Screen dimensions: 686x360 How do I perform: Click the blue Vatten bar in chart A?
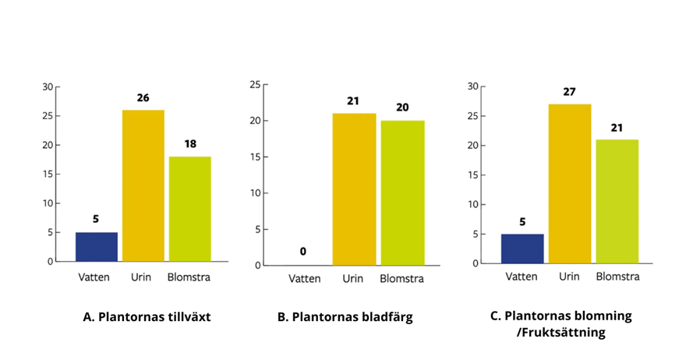[97, 247]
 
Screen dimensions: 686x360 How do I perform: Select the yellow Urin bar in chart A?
[143, 186]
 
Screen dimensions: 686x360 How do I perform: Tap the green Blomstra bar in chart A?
[190, 209]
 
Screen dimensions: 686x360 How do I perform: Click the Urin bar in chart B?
[354, 189]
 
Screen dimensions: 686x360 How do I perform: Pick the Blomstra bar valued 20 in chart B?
[402, 193]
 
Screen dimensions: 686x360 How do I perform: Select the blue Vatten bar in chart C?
[522, 249]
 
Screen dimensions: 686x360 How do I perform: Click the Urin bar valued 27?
[570, 184]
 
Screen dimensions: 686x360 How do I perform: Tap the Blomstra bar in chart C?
[617, 202]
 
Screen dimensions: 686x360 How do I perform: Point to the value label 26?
[143, 97]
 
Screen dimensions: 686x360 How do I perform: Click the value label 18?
[190, 144]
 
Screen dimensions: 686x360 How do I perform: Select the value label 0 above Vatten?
[303, 252]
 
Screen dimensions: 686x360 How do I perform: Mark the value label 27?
[569, 92]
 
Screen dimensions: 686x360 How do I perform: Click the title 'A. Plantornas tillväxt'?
[147, 316]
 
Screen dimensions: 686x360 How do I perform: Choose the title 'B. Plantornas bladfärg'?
[345, 317]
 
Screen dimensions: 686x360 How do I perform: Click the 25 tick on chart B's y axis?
[255, 85]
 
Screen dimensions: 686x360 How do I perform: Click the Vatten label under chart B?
[305, 279]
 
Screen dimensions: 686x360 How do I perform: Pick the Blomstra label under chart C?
[617, 277]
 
